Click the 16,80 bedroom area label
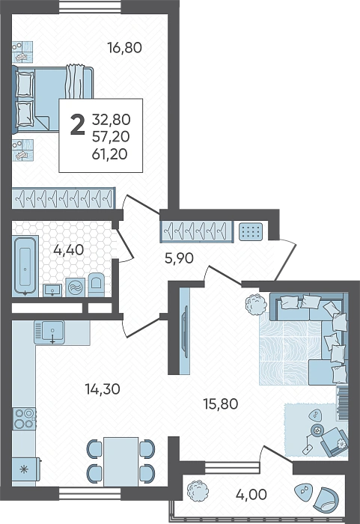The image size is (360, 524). [x=125, y=48]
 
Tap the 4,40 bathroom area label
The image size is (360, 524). [x=68, y=249]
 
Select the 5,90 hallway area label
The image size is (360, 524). [x=179, y=258]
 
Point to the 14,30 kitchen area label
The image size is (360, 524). [x=103, y=389]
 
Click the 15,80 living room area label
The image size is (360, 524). [x=221, y=403]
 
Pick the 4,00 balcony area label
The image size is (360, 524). [x=251, y=494]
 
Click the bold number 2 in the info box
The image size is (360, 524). [x=78, y=124]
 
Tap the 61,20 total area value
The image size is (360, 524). [x=109, y=154]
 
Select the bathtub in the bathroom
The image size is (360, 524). [x=25, y=266]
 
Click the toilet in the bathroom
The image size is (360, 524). [x=96, y=284]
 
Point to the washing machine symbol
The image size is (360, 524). [x=75, y=287]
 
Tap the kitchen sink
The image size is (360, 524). [x=50, y=332]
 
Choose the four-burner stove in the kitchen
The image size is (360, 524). [x=25, y=418]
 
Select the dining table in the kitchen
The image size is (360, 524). [x=120, y=462]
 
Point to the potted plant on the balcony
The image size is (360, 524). [x=198, y=490]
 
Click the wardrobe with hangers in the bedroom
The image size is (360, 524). [x=64, y=198]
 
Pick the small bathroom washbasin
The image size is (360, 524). [x=52, y=290]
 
